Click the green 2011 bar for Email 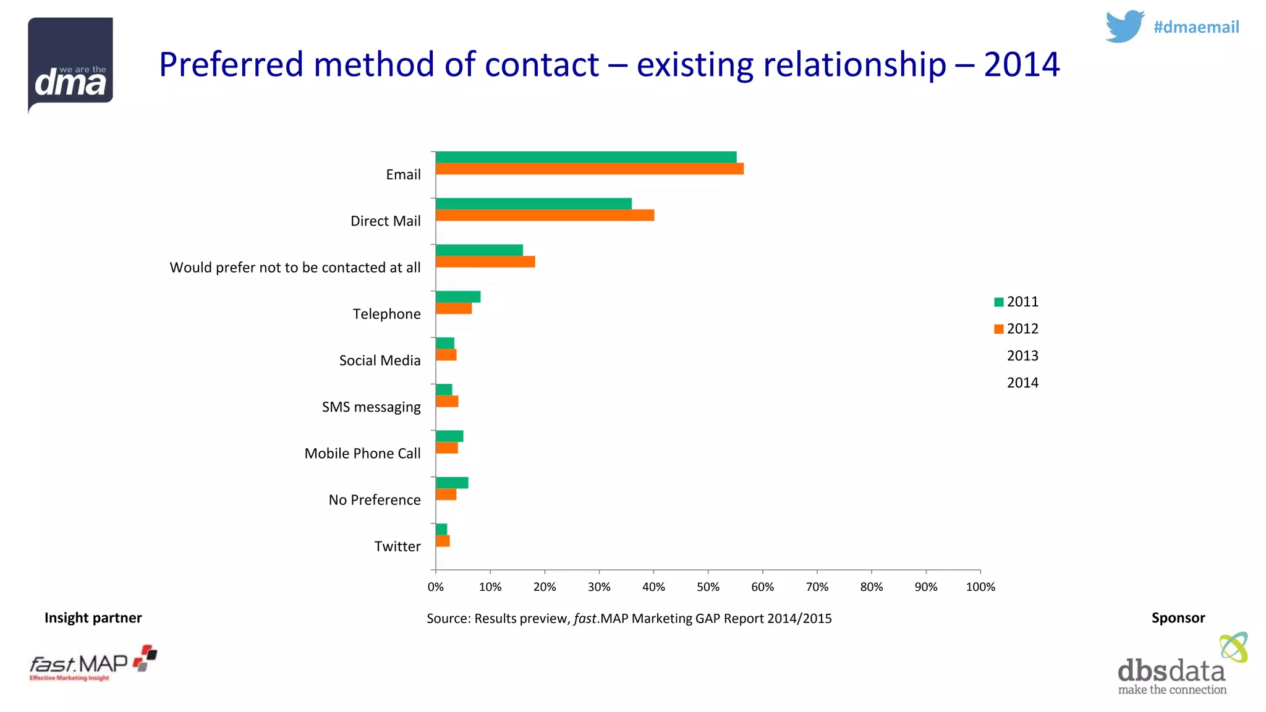point(585,157)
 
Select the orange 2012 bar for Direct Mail point(545,215)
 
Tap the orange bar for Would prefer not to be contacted point(485,261)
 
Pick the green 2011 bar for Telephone point(457,297)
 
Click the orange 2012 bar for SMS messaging point(446,401)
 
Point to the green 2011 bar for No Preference point(451,483)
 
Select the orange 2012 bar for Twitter point(442,541)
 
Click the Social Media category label point(380,360)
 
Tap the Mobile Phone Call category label point(362,453)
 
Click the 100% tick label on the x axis point(980,587)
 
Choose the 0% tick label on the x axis point(435,587)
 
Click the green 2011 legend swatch point(998,302)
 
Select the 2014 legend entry point(1022,383)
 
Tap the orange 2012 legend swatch point(998,329)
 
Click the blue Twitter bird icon point(1124,26)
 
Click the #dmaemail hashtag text point(1196,27)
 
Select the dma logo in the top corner point(70,64)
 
